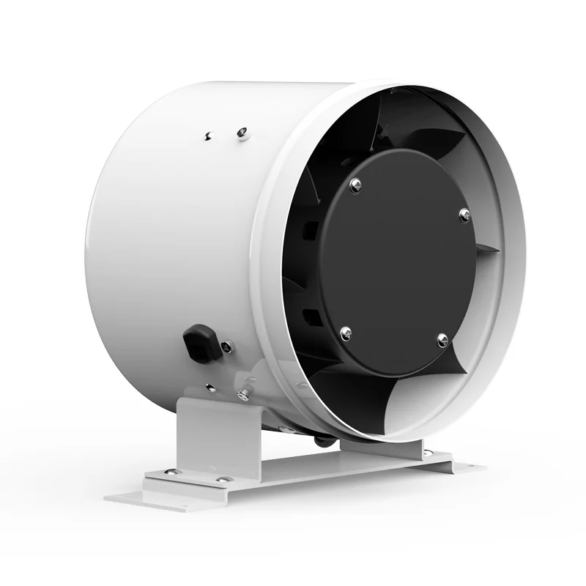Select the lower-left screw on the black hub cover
344,331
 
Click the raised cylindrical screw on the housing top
242,133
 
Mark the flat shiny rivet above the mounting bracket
210,386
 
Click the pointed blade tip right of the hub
499,249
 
